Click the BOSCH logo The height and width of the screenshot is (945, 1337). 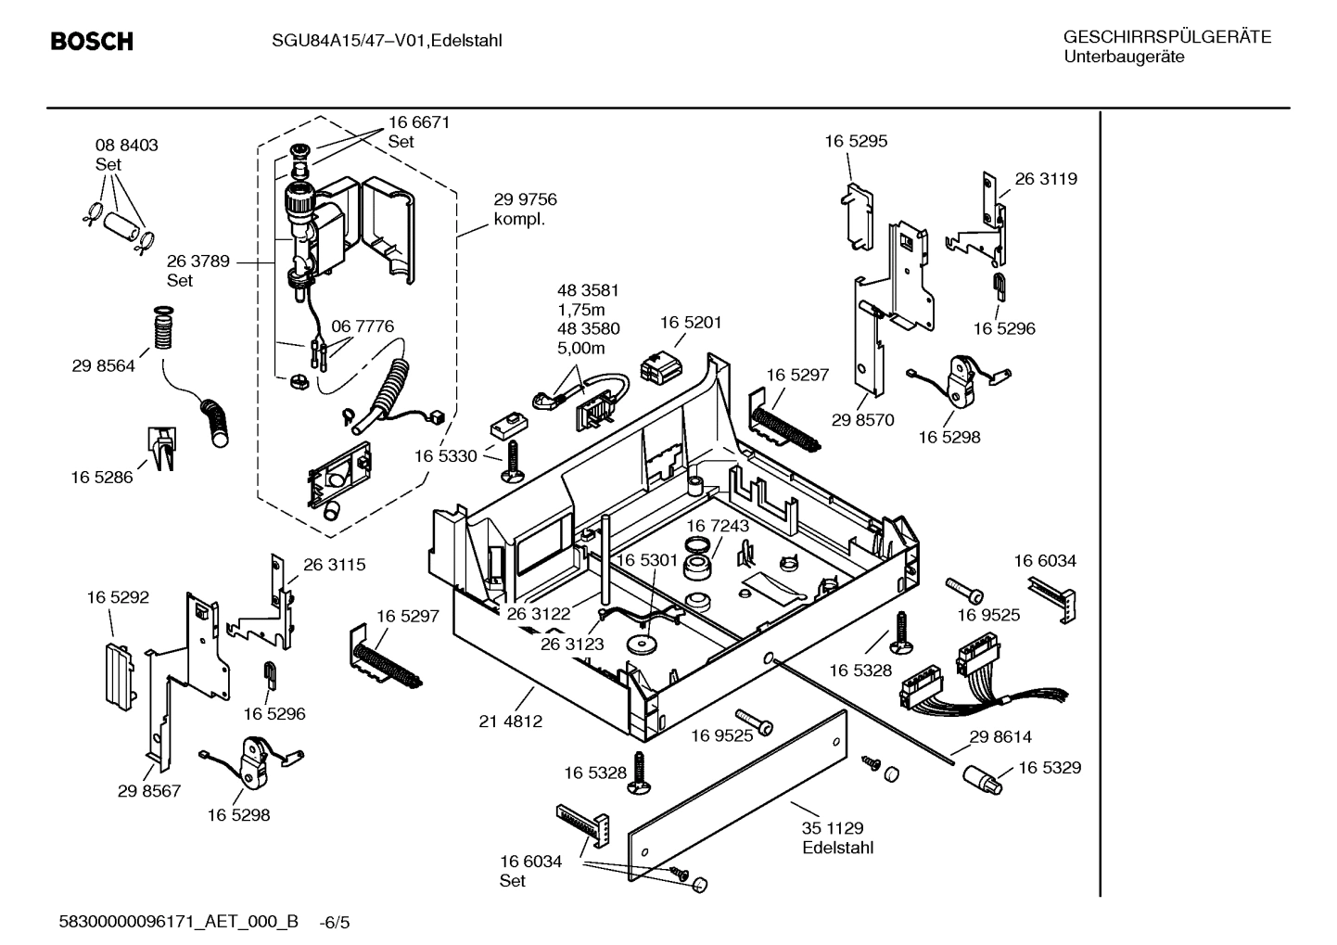click(92, 42)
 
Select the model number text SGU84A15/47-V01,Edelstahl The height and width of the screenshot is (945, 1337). click(387, 41)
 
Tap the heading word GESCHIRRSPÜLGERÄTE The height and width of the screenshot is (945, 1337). click(1166, 37)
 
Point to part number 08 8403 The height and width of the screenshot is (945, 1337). click(126, 145)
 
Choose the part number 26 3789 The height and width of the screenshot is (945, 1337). click(198, 262)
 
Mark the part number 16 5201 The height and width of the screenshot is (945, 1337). click(691, 323)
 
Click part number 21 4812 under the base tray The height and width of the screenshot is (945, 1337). click(511, 721)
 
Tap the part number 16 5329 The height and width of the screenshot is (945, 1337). click(1050, 768)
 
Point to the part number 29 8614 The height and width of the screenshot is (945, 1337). click(1000, 736)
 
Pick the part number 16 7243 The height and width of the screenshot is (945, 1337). click(718, 526)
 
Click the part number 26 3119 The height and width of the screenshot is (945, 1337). click(1046, 179)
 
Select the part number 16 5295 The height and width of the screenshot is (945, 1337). click(856, 141)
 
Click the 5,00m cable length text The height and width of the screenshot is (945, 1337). click(580, 348)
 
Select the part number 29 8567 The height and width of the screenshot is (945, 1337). click(149, 791)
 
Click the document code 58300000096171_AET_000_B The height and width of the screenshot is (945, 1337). click(179, 922)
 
